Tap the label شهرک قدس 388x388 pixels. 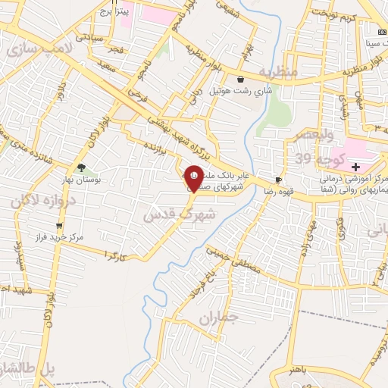(180, 214)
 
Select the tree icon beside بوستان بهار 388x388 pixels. (81, 168)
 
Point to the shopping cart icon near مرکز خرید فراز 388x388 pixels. (59, 226)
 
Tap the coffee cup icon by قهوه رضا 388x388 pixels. (278, 180)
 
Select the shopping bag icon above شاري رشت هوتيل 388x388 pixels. (240, 79)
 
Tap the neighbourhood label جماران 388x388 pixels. (218, 318)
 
